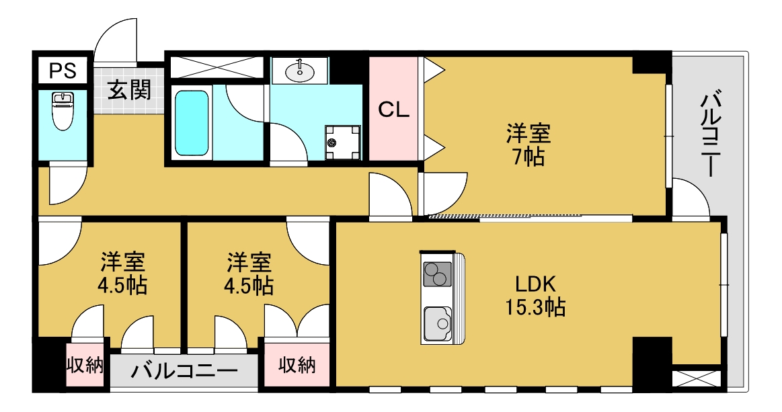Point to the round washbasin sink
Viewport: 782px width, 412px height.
coord(299,70)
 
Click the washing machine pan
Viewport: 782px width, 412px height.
coord(342,142)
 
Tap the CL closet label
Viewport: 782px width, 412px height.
coord(393,110)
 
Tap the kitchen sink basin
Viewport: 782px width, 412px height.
coord(438,323)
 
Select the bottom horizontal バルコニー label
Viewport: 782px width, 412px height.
coord(184,371)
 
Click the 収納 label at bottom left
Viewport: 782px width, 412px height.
coord(85,366)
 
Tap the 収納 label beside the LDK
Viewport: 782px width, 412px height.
coord(297,366)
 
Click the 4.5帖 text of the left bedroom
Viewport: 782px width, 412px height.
coord(122,285)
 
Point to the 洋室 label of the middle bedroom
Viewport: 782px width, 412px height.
coord(249,260)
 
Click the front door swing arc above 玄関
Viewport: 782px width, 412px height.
coord(116,40)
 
